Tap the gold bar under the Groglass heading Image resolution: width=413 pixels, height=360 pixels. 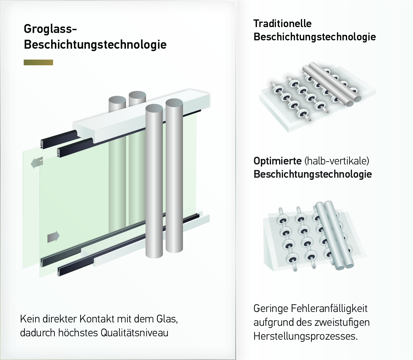click(38, 62)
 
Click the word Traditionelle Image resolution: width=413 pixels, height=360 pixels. click(282, 24)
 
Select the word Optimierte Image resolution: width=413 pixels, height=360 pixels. click(277, 161)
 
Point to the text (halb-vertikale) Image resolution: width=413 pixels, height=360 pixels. click(337, 161)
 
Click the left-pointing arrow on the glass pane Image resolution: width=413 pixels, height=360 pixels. click(37, 162)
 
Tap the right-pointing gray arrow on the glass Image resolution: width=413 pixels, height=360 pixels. click(54, 236)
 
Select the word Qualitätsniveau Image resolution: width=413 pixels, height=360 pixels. click(135, 333)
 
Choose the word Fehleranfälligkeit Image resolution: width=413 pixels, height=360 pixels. click(329, 309)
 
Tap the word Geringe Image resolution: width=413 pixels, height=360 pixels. click(271, 309)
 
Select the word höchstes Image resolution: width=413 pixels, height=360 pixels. click(78, 333)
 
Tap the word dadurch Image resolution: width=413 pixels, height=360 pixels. click(38, 333)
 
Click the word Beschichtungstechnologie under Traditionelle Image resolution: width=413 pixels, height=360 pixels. click(315, 37)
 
